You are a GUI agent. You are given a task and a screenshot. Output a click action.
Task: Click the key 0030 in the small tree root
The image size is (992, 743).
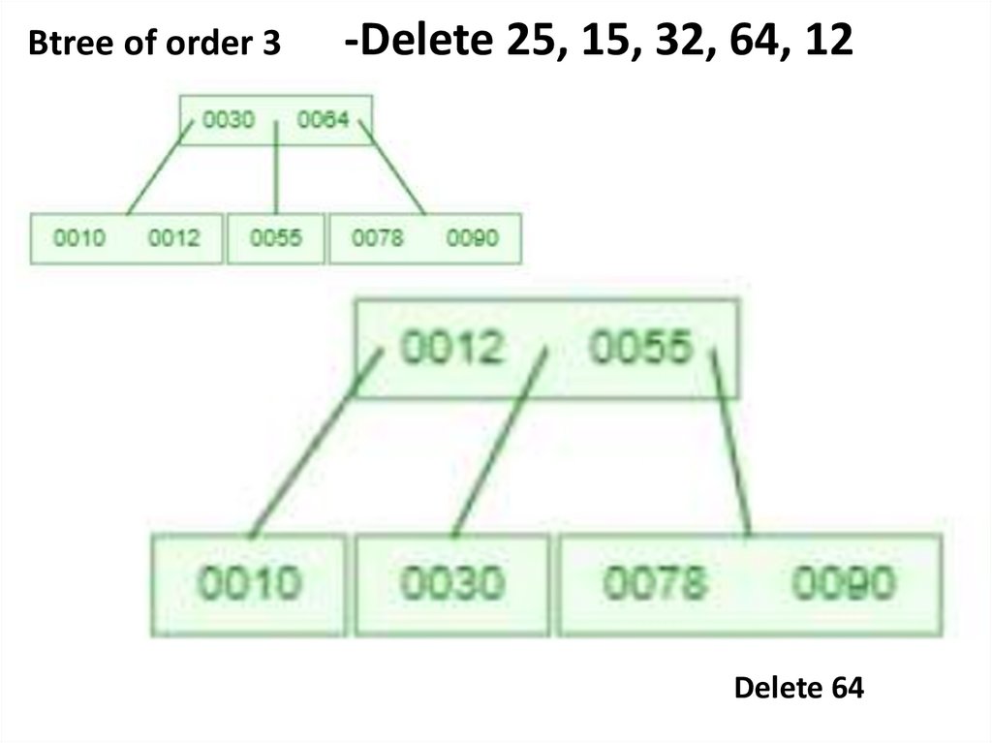(231, 121)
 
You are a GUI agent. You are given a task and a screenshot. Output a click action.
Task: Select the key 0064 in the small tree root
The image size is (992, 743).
(323, 121)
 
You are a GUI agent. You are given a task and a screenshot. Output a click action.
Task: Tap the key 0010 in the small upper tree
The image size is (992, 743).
(79, 238)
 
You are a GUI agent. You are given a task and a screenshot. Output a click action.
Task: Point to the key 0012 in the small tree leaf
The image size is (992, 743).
(173, 238)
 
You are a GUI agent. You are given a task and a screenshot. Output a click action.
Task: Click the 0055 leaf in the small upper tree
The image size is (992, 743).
(276, 238)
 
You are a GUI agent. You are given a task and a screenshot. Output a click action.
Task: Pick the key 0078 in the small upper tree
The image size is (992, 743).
(377, 238)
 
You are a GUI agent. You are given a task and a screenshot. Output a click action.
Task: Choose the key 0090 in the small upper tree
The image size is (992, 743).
(472, 238)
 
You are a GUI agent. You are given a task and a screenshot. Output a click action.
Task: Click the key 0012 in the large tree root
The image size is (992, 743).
(451, 347)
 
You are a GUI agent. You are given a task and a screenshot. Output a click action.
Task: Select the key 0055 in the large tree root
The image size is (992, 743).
(641, 347)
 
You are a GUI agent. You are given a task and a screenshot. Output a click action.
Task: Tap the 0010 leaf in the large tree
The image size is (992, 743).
(250, 584)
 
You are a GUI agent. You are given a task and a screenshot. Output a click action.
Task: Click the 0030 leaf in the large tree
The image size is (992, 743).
(452, 584)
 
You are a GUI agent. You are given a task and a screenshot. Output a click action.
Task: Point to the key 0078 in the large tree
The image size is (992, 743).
(655, 583)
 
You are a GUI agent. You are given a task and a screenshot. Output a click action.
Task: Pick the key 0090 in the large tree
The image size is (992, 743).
(844, 583)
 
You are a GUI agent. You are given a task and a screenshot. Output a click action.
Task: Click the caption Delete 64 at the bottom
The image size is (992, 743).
(798, 688)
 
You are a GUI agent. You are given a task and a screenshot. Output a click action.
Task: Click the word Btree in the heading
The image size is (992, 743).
(59, 43)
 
